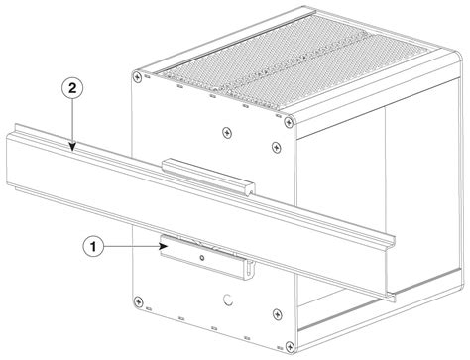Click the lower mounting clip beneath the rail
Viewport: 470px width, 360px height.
(203, 257)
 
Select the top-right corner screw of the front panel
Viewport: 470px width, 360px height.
(287, 123)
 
